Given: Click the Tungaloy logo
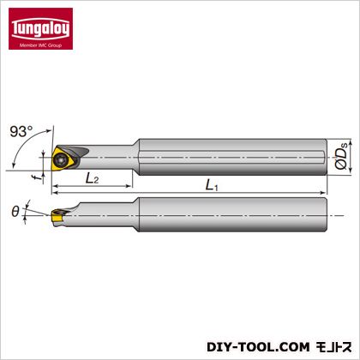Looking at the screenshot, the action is pyautogui.click(x=40, y=28).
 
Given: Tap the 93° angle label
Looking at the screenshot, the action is pyautogui.click(x=21, y=132).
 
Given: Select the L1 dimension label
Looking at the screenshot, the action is pyautogui.click(x=212, y=185).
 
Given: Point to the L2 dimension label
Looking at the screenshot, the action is pyautogui.click(x=92, y=179).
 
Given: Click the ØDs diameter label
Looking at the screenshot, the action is pyautogui.click(x=341, y=156).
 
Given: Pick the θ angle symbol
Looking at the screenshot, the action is pyautogui.click(x=15, y=212).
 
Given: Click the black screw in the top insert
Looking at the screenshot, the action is pyautogui.click(x=61, y=159).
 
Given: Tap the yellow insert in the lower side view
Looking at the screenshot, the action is pyautogui.click(x=57, y=217).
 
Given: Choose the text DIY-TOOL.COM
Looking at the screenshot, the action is pyautogui.click(x=258, y=347).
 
